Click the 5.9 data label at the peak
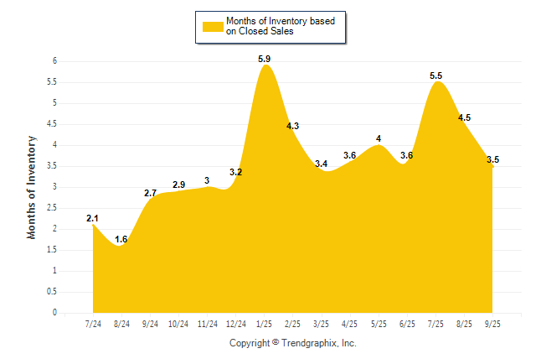(x=265, y=59)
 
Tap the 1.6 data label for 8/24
(x=121, y=239)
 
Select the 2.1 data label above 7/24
(x=93, y=218)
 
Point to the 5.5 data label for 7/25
(x=436, y=75)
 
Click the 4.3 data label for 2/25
(x=293, y=126)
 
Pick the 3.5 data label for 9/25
(x=492, y=159)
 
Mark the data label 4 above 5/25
(x=379, y=138)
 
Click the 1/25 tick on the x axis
(x=265, y=324)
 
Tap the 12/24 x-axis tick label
(x=236, y=324)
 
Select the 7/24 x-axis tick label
(x=93, y=324)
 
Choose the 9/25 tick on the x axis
(x=492, y=324)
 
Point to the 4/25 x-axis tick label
(x=350, y=324)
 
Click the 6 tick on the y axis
(x=54, y=61)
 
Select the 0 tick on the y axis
(x=54, y=313)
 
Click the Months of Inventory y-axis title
(x=32, y=187)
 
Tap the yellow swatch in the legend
(x=212, y=26)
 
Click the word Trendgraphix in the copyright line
(x=309, y=343)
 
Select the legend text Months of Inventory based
(x=281, y=20)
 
